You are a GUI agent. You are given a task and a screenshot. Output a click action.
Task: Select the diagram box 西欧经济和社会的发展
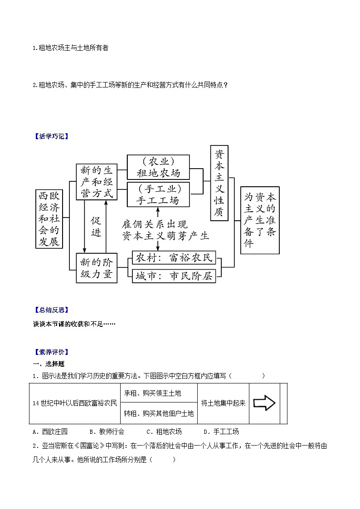coord(49,219)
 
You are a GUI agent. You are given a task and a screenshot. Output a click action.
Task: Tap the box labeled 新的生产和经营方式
coord(96,182)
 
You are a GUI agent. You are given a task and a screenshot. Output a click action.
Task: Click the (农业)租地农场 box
coord(158,167)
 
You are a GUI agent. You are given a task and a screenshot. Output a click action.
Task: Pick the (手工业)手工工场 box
coord(158,194)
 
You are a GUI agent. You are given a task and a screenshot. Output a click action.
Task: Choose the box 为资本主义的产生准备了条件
coord(260,220)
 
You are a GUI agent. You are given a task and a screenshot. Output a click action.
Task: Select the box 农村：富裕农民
coord(174,258)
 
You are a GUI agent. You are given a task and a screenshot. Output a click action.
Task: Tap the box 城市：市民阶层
coord(174,276)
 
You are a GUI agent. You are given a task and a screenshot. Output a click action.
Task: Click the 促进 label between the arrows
coord(96,227)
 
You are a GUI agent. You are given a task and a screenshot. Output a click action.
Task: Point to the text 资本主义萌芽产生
coord(165,236)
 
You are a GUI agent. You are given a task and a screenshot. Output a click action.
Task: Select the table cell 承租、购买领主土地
coord(158,393)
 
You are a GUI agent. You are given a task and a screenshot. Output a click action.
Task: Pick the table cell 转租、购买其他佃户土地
coord(158,413)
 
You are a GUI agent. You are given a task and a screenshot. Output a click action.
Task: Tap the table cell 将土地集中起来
coord(223,403)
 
